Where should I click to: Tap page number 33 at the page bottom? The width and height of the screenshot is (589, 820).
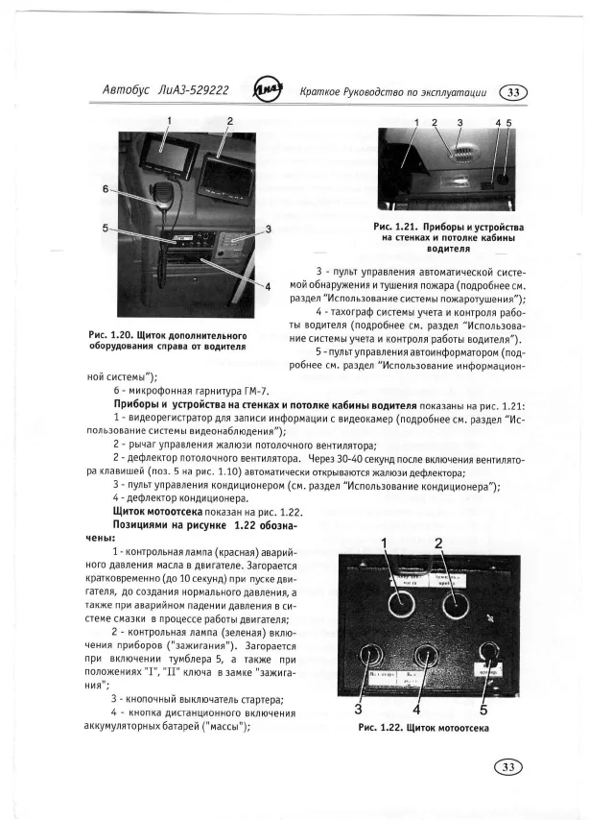click(509, 766)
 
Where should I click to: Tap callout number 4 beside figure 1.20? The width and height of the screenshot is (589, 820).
click(268, 285)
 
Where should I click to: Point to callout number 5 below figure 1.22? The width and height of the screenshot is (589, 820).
click(483, 711)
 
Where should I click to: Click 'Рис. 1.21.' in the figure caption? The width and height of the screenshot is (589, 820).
click(396, 227)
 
